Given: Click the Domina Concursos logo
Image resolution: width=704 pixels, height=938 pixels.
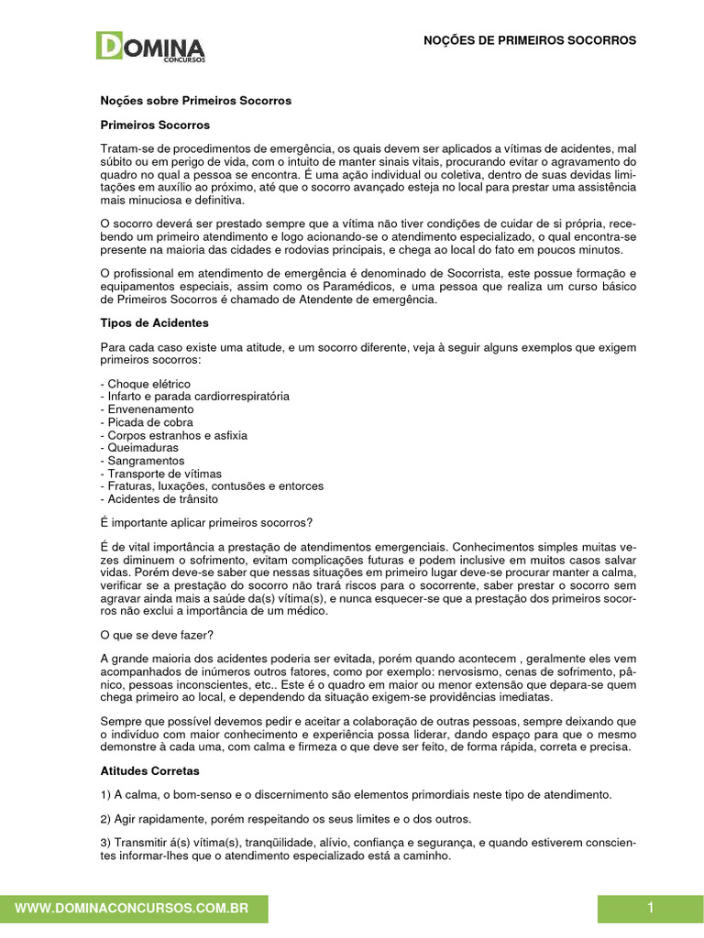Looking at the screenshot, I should (151, 48).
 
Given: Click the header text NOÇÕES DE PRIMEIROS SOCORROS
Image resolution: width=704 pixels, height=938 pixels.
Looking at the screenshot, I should (529, 40).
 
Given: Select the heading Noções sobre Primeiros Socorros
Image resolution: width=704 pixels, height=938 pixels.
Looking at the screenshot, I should (195, 101).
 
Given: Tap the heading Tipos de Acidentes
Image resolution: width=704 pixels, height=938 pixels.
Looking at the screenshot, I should (154, 323).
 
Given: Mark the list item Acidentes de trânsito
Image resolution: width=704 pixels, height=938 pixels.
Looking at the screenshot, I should (162, 499).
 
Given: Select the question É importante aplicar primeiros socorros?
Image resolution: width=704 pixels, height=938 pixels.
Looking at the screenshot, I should (205, 523).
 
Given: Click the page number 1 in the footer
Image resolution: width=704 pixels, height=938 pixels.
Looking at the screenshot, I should (650, 908).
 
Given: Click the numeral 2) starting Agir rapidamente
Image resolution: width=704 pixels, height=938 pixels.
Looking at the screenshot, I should (105, 817).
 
